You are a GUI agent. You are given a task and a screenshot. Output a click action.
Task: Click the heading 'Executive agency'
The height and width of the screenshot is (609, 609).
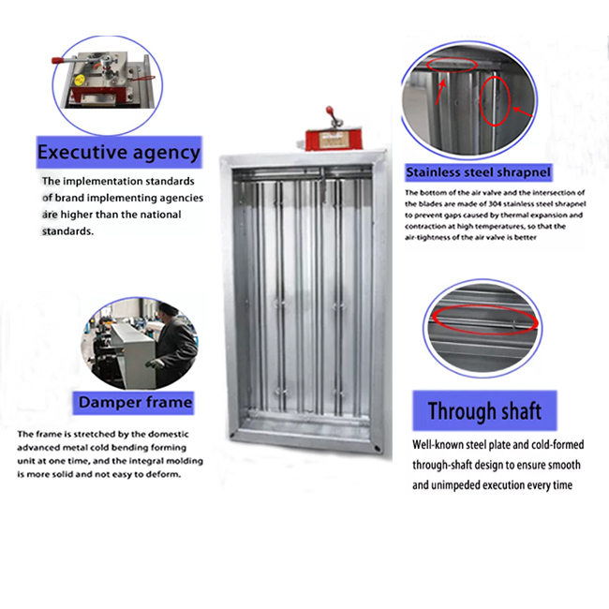tap(119, 152)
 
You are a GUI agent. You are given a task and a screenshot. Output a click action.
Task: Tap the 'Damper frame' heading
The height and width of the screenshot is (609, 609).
tap(135, 402)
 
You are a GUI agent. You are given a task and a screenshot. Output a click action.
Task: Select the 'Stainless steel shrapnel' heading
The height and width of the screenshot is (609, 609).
tap(478, 172)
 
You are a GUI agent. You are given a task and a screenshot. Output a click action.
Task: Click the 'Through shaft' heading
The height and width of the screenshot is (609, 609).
tap(484, 411)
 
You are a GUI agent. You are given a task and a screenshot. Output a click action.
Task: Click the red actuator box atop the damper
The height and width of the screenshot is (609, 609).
tap(334, 140)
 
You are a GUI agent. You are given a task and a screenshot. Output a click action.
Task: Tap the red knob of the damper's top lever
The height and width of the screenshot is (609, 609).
tap(330, 110)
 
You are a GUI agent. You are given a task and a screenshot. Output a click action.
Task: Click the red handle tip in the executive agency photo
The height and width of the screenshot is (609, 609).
tap(57, 61)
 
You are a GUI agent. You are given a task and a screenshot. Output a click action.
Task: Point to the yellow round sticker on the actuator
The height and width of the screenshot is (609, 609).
tap(80, 81)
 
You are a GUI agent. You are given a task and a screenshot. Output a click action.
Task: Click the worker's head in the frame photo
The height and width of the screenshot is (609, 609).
tap(168, 310)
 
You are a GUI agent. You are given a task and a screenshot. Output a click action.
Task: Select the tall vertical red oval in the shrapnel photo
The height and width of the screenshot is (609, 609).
tap(495, 101)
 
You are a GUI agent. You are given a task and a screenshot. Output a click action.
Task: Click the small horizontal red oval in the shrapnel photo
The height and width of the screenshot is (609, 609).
tap(452, 65)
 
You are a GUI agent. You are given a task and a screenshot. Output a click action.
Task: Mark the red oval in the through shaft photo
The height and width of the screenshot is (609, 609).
tap(485, 320)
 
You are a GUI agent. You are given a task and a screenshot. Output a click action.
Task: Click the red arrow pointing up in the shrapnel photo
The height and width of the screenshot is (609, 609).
tap(440, 93)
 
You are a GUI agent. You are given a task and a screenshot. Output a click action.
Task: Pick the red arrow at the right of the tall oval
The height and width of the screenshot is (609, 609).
tap(523, 111)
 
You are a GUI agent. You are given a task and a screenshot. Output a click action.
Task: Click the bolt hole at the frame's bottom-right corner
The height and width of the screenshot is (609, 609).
tap(377, 448)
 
